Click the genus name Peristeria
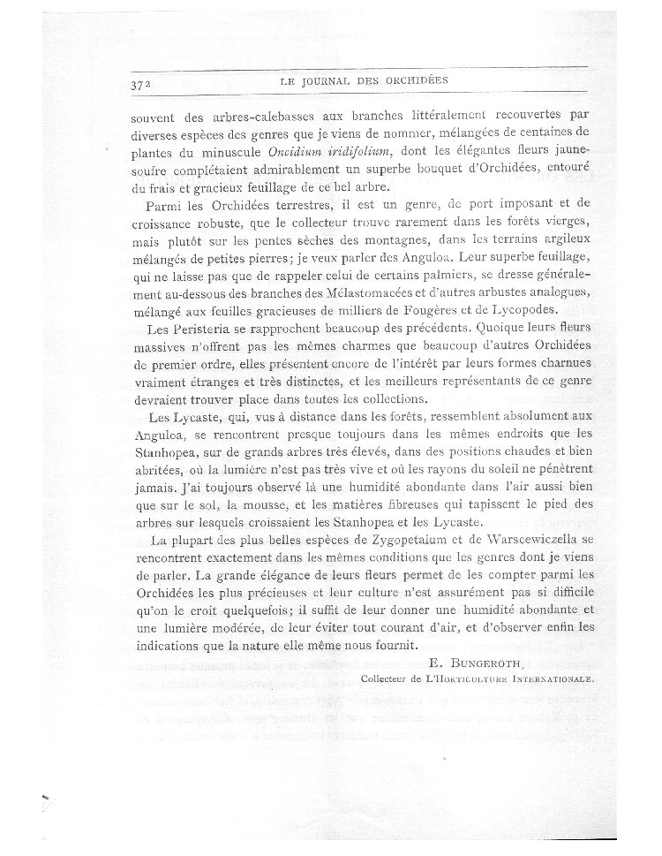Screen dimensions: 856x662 (x=206, y=331)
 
